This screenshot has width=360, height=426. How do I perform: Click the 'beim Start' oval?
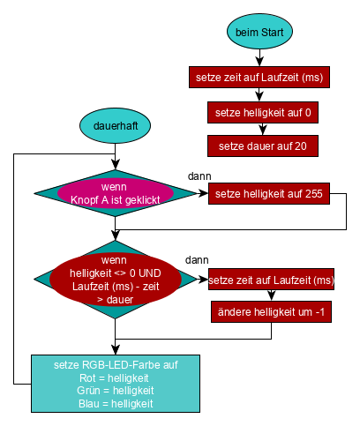coord(259,32)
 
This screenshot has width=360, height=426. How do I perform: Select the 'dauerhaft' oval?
coord(115,125)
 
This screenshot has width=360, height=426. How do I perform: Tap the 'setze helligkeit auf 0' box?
coord(263,113)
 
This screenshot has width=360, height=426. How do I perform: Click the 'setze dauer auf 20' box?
coord(263,146)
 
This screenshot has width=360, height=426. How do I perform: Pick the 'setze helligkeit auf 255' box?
coord(269,194)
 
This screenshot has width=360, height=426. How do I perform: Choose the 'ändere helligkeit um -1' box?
coord(271,311)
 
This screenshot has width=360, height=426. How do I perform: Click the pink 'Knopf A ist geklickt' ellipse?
coord(116,193)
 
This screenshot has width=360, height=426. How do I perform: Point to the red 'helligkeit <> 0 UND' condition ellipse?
coord(116,280)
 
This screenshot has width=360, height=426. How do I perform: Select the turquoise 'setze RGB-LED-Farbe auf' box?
coord(116,384)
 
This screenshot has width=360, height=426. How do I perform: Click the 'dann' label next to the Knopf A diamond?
coord(199,176)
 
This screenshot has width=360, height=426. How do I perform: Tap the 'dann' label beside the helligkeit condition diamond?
coord(197,260)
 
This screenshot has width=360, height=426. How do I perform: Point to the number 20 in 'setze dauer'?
coord(301,146)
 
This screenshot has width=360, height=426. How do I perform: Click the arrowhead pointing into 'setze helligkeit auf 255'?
coord(204,193)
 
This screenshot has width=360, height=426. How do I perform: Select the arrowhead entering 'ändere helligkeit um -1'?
coord(271,295)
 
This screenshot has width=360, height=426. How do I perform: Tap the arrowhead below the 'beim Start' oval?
coord(259,62)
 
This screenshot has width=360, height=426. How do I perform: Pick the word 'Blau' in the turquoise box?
coord(89,404)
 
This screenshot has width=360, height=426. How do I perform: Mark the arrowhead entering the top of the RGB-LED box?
coord(116,350)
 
